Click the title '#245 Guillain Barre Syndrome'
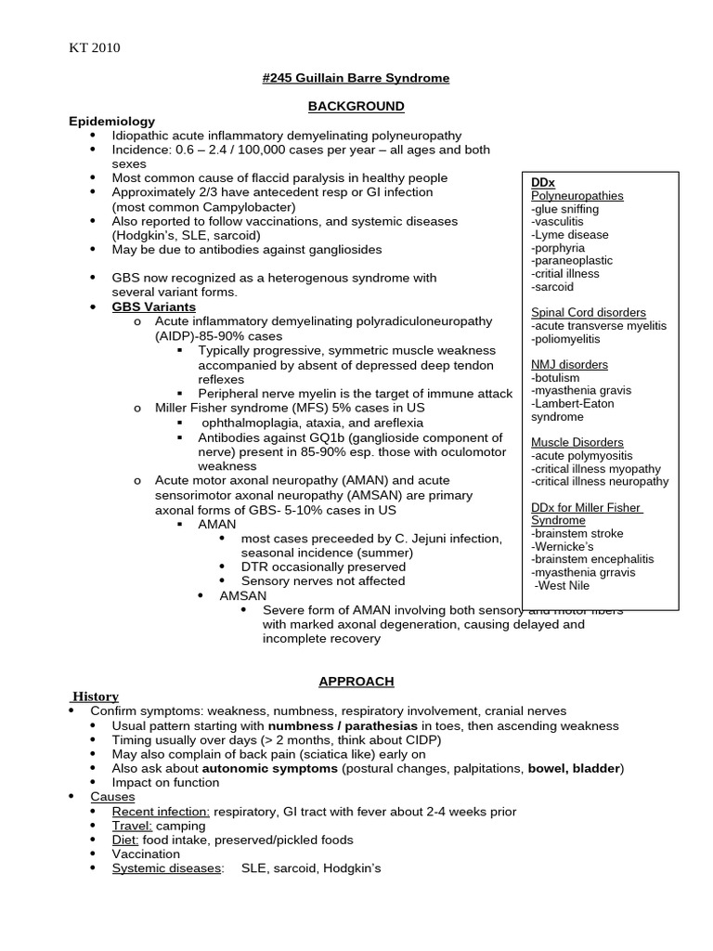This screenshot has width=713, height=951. [356, 78]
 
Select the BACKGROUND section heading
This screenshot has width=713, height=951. [356, 107]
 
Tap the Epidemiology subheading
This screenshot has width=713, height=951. [111, 122]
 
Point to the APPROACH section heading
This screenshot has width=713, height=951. [356, 682]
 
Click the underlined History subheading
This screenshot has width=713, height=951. [96, 697]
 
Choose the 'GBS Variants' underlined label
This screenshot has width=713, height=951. [154, 306]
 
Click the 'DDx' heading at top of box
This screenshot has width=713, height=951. [543, 183]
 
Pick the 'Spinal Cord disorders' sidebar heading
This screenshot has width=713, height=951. [589, 313]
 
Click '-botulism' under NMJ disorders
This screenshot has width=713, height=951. [555, 378]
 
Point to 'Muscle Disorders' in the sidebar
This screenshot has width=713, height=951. [577, 443]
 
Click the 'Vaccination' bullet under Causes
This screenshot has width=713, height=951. [146, 854]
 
